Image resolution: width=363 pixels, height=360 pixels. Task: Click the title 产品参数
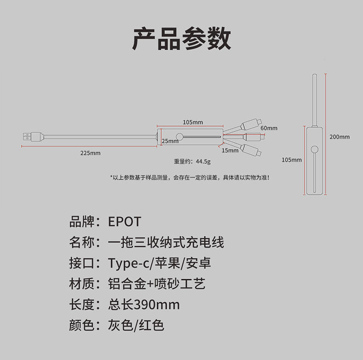(181, 39)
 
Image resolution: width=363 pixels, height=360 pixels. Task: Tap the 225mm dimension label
(90, 153)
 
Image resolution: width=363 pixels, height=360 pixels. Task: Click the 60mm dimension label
(269, 128)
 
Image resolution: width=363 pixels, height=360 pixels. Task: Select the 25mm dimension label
(170, 141)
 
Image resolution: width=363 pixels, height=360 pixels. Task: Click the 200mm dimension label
(340, 136)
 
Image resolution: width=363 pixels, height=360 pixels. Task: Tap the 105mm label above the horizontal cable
(193, 122)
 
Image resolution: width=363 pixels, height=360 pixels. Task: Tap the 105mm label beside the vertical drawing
(291, 160)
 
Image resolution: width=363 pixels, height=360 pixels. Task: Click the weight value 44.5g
(203, 162)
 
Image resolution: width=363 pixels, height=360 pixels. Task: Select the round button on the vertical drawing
(315, 149)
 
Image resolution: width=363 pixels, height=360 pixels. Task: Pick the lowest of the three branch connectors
(250, 150)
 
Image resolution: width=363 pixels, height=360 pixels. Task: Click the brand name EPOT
(125, 222)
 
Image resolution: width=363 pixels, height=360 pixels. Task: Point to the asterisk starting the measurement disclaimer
(112, 177)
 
